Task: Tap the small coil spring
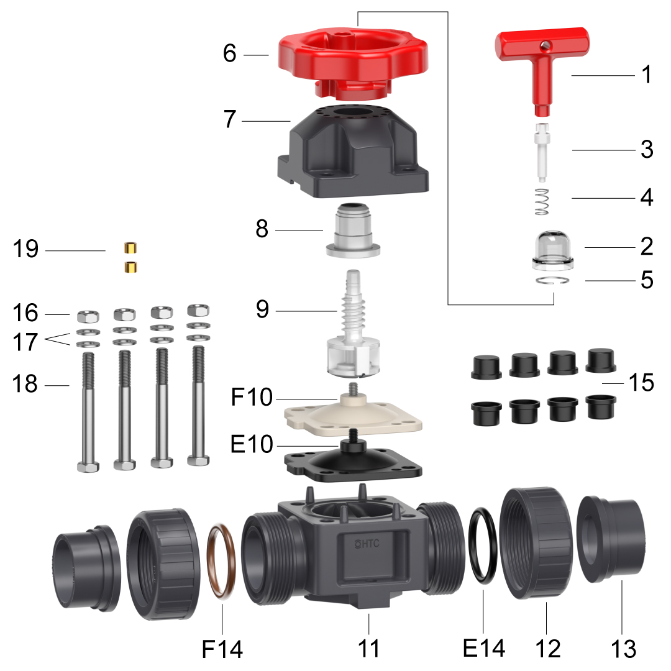click(x=542, y=201)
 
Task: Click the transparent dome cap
click(x=552, y=250)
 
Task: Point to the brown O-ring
click(x=221, y=560)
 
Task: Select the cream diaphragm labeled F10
click(x=353, y=414)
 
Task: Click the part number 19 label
click(x=25, y=249)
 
